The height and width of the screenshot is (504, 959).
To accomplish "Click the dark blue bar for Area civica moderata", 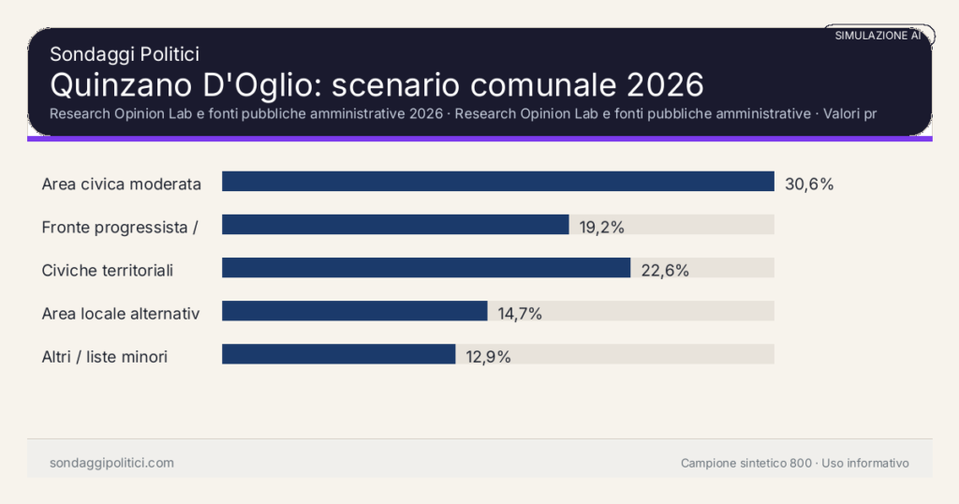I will click(497, 182).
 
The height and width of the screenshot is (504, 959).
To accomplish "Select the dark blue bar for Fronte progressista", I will click(395, 225).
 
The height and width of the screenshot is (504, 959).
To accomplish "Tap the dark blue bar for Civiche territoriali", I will click(426, 268).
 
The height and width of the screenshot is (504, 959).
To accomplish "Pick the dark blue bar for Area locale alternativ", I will click(354, 311).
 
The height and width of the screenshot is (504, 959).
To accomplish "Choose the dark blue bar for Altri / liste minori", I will click(338, 354).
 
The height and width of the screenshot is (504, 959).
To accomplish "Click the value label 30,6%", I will click(808, 185).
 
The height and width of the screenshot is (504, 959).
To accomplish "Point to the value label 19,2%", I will click(601, 228).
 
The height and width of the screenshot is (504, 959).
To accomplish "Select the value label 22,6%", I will click(665, 271).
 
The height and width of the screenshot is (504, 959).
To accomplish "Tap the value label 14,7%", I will click(520, 314).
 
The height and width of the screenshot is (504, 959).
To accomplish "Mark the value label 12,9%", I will click(488, 357).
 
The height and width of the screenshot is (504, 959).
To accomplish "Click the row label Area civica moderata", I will click(122, 185).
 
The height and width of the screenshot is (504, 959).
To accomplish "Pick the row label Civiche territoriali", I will click(108, 271).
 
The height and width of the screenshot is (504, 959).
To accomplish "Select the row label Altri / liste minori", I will click(105, 357).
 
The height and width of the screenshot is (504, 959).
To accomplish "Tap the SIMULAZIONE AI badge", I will click(878, 36).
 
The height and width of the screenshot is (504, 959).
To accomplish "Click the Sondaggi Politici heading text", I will click(125, 54).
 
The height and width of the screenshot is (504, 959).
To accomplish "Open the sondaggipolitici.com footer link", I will click(111, 463).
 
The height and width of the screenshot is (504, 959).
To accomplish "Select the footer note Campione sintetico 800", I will click(746, 463).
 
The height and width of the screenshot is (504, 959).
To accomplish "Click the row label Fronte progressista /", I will click(119, 228).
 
